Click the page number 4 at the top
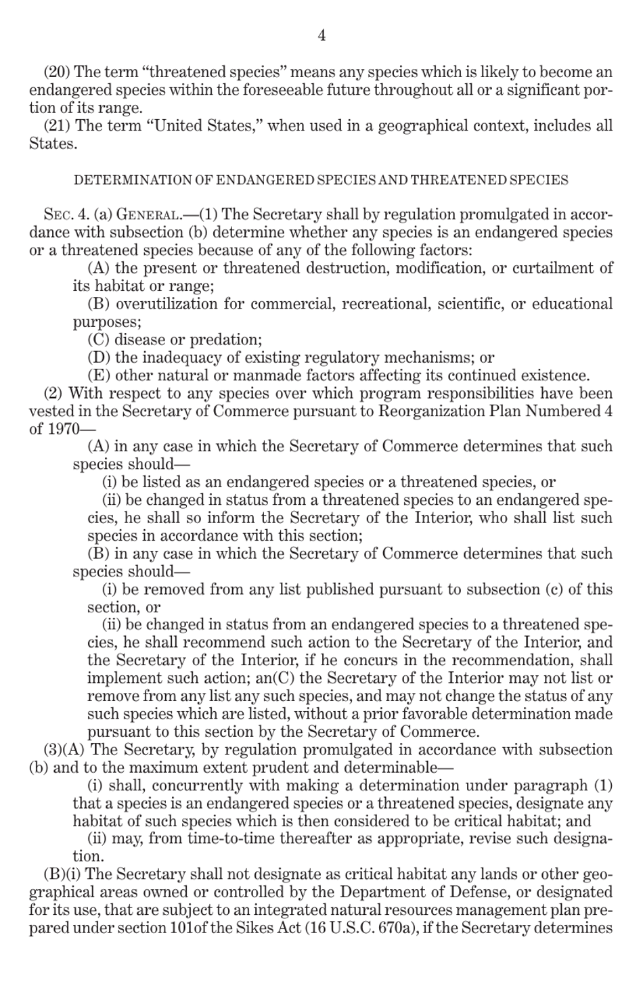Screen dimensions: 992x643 click(321, 36)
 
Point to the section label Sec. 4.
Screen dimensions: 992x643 click(66, 215)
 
